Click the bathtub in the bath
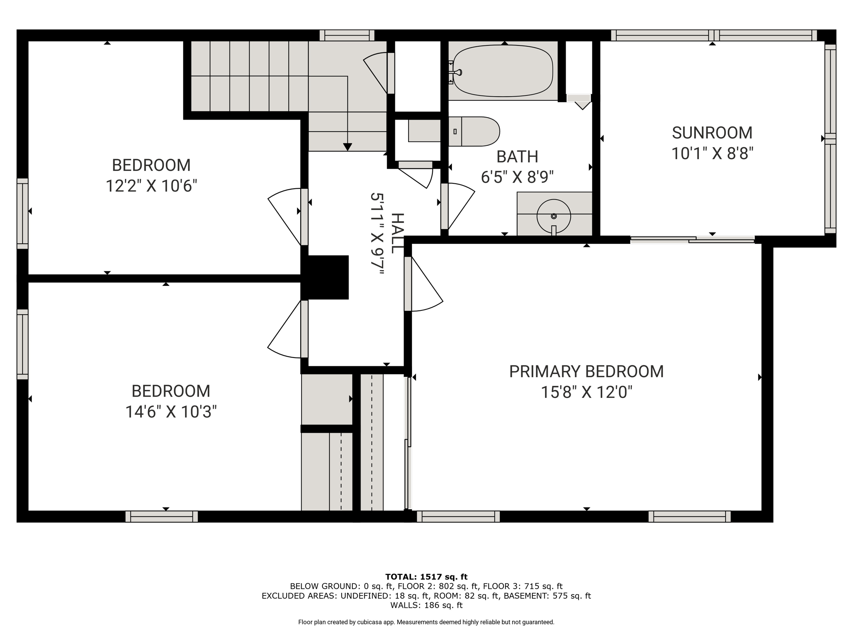click(503, 71)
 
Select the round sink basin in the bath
click(554, 216)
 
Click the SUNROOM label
click(712, 133)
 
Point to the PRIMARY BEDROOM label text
click(586, 372)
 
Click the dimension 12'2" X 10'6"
click(151, 186)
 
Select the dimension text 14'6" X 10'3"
click(171, 412)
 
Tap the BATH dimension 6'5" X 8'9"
click(517, 177)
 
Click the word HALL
click(397, 233)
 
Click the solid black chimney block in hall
click(325, 277)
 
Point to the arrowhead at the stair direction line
click(347, 147)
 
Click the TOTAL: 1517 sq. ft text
click(426, 577)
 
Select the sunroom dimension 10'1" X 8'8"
click(712, 154)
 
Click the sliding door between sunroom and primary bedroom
click(692, 240)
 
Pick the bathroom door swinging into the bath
click(457, 207)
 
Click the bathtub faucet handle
click(457, 72)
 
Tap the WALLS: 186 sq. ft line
click(426, 605)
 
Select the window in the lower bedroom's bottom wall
click(162, 517)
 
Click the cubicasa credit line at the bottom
click(426, 622)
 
